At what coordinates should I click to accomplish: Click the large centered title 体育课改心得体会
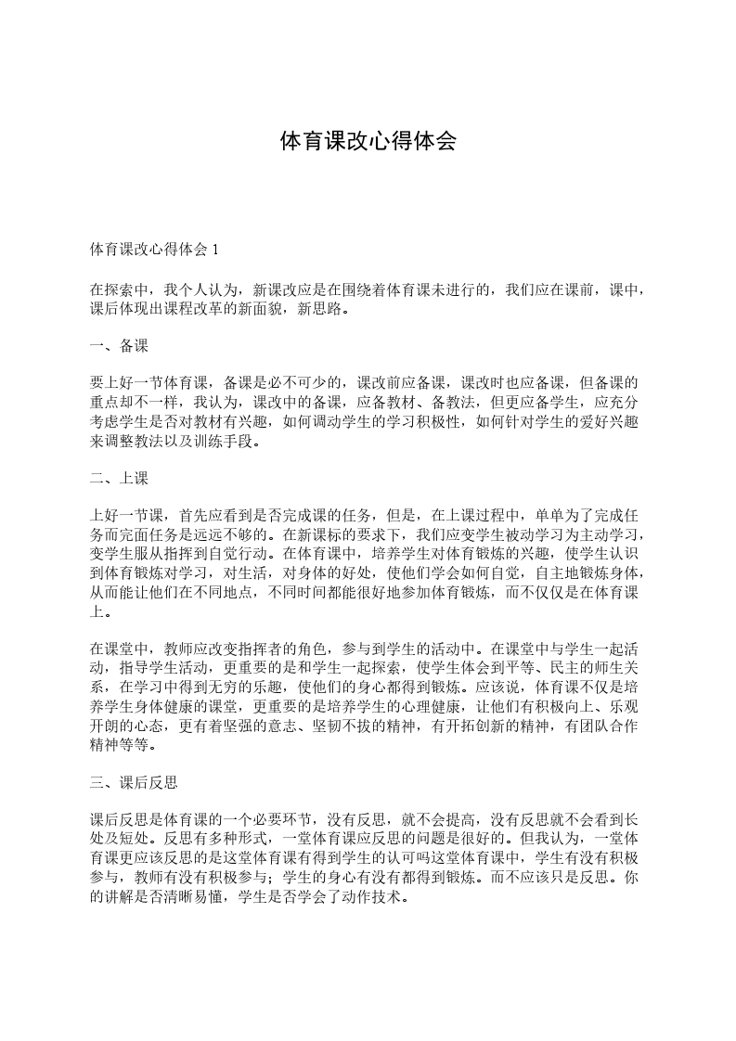(368, 142)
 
